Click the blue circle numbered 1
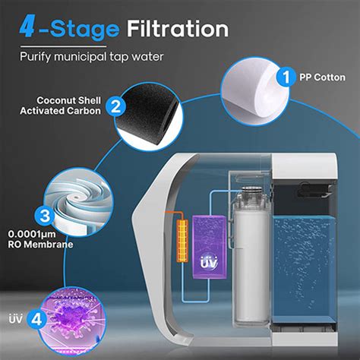coord(286,77)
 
